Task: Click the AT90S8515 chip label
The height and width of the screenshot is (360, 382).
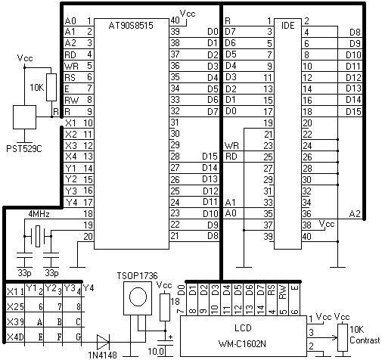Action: coord(131,26)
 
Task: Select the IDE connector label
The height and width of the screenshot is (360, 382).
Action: coord(287,26)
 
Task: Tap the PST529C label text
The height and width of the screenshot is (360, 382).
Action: coord(24,149)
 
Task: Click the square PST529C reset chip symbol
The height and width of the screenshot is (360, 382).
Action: coord(24,117)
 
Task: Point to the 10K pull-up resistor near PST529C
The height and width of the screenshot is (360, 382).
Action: coord(51,88)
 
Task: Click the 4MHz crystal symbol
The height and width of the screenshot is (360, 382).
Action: coord(38,236)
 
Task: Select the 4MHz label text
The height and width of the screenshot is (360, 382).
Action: coord(39,214)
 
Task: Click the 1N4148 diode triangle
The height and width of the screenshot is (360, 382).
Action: coord(103,342)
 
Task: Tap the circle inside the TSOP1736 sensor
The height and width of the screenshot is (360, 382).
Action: coord(138,296)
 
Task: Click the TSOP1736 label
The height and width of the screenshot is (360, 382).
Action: coord(137,276)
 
